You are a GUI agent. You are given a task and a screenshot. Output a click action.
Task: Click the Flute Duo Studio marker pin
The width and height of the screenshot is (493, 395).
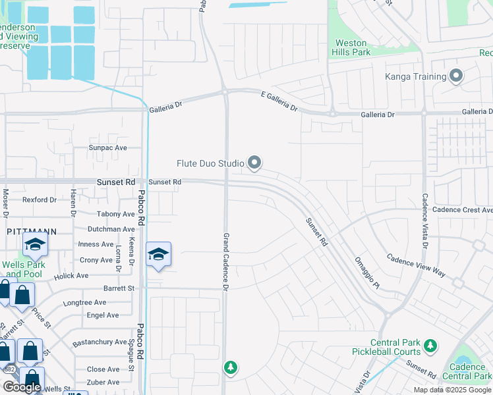[254, 163]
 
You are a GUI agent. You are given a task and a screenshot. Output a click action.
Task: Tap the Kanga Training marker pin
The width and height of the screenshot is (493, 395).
[456, 77]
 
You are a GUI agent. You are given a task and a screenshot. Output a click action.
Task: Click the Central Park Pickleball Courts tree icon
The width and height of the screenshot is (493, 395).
[430, 345]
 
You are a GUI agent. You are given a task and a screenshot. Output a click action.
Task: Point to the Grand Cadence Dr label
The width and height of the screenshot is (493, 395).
[225, 262]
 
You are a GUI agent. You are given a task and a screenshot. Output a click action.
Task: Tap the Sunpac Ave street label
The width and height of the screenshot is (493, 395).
[108, 148]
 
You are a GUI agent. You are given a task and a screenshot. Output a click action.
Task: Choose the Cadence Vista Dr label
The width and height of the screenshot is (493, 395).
[425, 221]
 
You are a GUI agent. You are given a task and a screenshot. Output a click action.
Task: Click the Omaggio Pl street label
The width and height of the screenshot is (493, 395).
[367, 272]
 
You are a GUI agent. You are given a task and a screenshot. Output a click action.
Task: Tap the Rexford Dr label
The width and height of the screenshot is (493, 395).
[40, 199]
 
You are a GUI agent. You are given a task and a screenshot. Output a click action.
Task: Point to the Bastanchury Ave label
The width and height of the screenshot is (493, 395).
[100, 342]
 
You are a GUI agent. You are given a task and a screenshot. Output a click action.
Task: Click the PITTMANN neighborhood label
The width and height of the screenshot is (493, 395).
[31, 232]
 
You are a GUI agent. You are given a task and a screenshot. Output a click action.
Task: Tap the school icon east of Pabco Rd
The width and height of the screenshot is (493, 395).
[158, 255]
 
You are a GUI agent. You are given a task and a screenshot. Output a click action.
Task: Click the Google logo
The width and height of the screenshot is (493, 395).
[21, 386]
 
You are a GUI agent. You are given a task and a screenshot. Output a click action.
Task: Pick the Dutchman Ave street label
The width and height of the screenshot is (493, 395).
[111, 229]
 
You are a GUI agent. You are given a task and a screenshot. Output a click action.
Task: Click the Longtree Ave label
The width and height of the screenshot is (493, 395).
[84, 303]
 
